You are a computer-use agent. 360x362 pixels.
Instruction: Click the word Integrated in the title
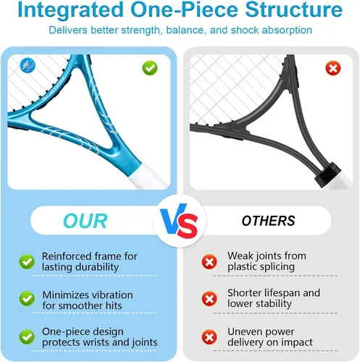pos(70,10)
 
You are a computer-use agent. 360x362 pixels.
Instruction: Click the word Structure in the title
pos(293,9)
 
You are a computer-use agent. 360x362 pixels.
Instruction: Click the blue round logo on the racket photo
pos(28,66)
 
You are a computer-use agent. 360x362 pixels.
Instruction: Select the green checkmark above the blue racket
pos(150,68)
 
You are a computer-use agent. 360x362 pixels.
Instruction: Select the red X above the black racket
pos(333,68)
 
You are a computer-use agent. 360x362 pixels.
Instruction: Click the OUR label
pos(85,221)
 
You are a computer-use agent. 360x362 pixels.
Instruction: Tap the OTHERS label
pos(269,221)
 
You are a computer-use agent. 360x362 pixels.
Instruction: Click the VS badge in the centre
pos(179,221)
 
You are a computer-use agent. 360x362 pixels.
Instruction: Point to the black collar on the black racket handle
pos(327,174)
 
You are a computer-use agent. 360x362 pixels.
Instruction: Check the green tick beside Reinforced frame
pos(27,262)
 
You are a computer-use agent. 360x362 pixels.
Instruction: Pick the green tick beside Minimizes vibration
pos(27,299)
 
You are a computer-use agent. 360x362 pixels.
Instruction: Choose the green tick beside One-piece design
pos(27,337)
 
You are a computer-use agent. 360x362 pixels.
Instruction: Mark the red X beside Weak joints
pos(209,262)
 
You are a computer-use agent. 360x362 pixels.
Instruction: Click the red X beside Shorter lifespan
pos(209,299)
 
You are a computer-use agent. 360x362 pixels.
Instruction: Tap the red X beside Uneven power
pos(209,337)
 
